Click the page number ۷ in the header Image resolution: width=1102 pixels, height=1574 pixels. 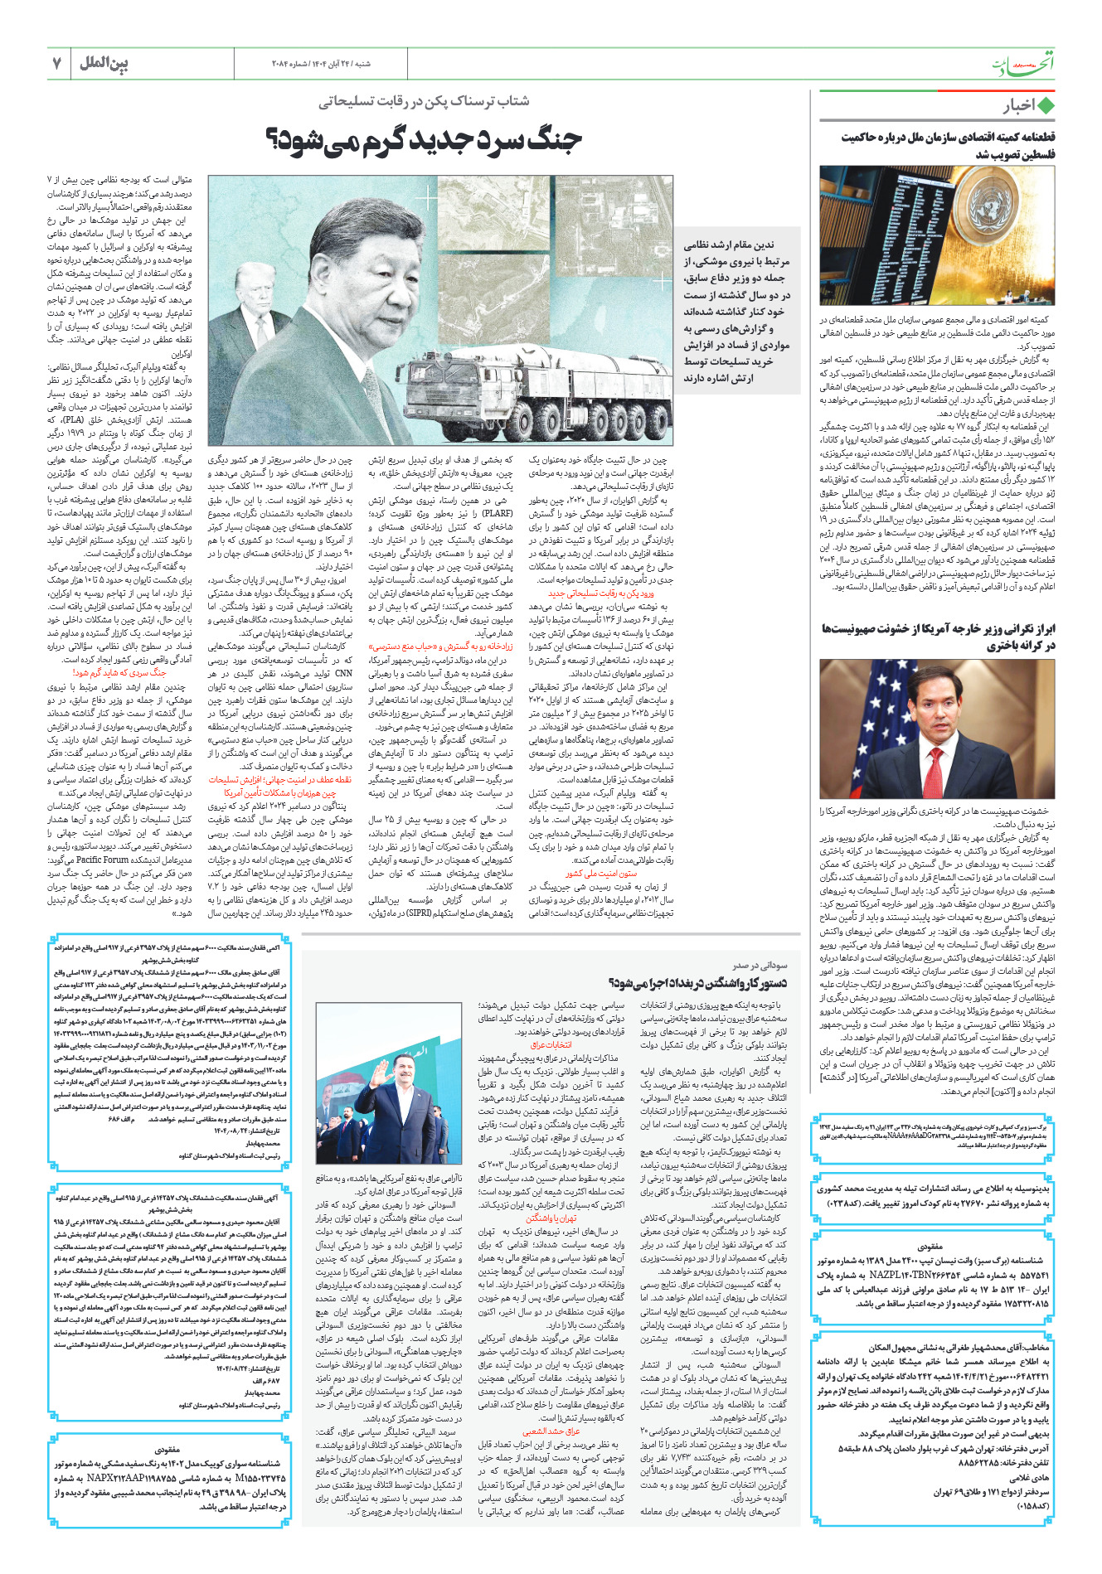click(57, 63)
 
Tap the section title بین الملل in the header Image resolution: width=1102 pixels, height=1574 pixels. click(104, 63)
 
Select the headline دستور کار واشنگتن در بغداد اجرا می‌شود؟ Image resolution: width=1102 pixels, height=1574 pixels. click(697, 983)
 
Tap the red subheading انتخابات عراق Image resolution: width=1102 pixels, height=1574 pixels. click(551, 1044)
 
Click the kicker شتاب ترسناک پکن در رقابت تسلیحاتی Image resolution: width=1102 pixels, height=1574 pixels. click(424, 101)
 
